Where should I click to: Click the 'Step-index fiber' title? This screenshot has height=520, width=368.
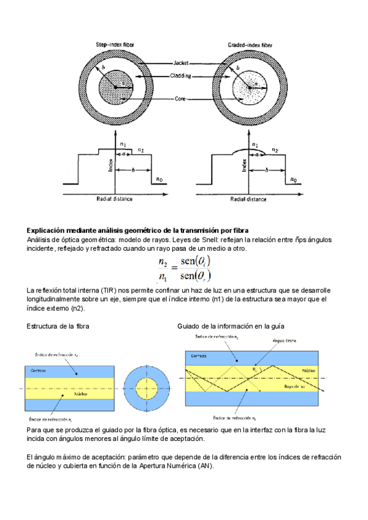(117, 44)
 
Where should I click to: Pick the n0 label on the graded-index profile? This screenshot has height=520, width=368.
(294, 180)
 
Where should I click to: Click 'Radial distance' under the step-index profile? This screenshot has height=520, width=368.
(115, 199)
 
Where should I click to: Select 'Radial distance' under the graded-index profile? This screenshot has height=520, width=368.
(248, 199)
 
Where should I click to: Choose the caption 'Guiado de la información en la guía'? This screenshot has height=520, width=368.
(231, 326)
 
